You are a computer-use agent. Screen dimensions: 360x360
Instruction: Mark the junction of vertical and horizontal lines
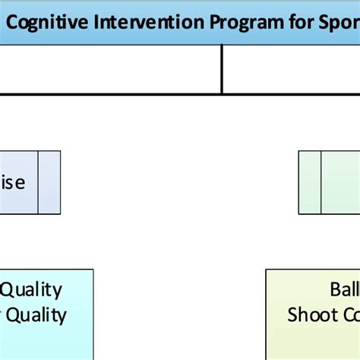point(222,94)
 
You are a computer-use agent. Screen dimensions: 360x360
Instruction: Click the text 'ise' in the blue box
point(13,183)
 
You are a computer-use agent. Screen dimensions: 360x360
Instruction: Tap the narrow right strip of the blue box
point(49,182)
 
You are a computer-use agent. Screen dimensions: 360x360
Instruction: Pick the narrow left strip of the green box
point(309,182)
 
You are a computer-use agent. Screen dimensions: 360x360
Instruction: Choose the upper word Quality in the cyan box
point(32,289)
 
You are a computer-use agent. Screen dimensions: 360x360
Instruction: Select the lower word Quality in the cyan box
point(36,314)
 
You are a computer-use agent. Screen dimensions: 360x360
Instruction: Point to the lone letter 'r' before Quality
point(2,314)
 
